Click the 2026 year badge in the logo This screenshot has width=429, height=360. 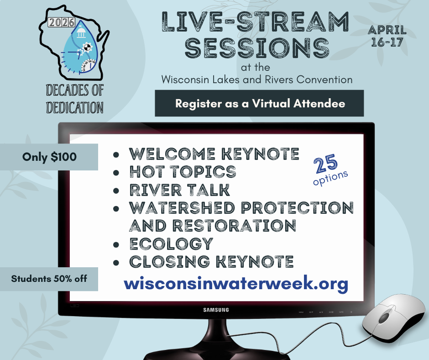click(61, 22)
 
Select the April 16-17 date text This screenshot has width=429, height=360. click(387, 36)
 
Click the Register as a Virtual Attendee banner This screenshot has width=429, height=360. click(259, 103)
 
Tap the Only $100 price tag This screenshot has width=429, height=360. click(49, 157)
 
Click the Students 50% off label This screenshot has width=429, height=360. click(49, 279)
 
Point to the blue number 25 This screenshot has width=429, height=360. click(325, 164)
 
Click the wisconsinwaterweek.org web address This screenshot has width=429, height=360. click(236, 284)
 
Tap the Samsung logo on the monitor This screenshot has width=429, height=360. click(216, 310)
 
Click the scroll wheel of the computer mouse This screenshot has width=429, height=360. click(384, 317)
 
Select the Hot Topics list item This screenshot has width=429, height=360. click(183, 172)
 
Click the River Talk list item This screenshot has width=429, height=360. click(179, 190)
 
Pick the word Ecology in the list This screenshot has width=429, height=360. click(171, 244)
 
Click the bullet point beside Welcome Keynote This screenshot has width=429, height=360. click(116, 154)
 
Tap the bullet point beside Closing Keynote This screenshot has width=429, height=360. click(116, 263)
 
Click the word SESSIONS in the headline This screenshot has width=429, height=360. click(257, 48)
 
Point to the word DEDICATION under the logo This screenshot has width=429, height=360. click(75, 107)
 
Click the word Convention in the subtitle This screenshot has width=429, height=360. click(324, 79)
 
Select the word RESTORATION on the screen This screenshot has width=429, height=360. click(234, 226)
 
